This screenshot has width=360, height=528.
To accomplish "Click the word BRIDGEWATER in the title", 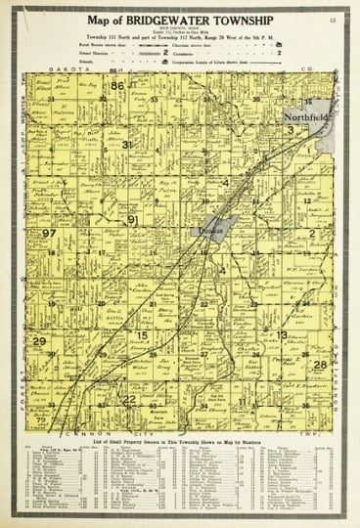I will (186, 21).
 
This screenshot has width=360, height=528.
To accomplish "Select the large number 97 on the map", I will (48, 234).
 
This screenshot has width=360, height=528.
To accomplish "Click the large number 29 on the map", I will (39, 340).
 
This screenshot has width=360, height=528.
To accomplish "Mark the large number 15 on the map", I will (142, 335).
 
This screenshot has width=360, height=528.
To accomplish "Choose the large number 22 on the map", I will (129, 399).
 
